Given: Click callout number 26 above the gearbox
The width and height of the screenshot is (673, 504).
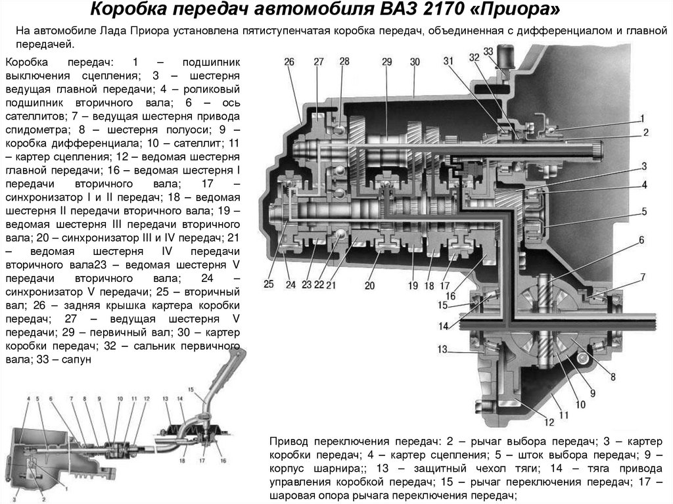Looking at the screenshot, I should (289, 62).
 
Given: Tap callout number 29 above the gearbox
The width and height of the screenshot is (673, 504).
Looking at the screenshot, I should (387, 62).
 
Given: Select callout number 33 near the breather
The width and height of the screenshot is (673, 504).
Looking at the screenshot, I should (488, 51).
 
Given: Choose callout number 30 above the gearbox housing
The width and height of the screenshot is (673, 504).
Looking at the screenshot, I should (415, 62).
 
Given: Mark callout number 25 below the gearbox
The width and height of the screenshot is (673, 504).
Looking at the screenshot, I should (269, 285).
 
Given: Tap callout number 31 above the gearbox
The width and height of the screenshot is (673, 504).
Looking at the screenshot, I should (448, 62).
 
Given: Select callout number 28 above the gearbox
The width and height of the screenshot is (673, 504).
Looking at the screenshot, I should (344, 62).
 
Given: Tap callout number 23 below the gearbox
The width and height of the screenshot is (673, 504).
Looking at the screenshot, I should (306, 285).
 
